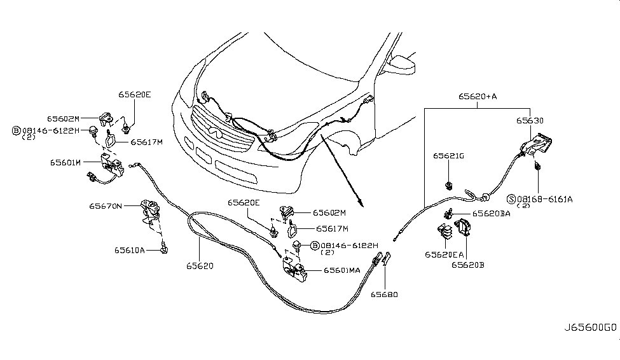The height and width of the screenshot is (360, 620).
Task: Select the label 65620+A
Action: point(478,97)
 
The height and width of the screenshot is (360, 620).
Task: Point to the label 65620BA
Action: point(492,214)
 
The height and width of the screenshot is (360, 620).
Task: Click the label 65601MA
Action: point(342,270)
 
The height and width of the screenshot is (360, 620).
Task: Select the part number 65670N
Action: point(106,205)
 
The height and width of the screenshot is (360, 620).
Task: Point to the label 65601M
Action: point(65,162)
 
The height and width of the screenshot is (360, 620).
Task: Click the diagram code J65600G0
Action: point(590,329)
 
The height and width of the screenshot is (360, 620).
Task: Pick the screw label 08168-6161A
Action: point(544,198)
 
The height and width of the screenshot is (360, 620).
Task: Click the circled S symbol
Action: point(511,198)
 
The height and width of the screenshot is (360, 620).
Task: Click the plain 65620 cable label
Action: point(200,265)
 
